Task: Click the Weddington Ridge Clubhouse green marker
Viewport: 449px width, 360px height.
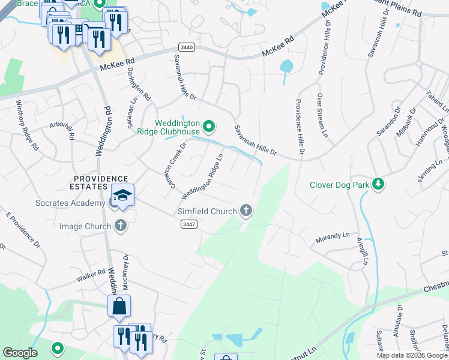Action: click(x=209, y=127)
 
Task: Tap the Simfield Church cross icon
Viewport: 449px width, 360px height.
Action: click(x=246, y=211)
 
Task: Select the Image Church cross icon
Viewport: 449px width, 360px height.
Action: click(x=121, y=226)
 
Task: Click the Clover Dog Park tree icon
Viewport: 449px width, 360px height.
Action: click(x=378, y=184)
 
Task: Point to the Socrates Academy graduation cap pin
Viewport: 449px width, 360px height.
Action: click(x=123, y=196)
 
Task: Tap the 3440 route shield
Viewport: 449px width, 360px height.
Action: click(x=187, y=47)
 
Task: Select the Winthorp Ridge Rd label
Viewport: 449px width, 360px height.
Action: click(x=27, y=125)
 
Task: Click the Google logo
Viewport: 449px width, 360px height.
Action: click(x=20, y=353)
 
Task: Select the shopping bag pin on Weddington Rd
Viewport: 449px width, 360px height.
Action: click(x=119, y=305)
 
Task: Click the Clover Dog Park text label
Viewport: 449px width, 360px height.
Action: click(x=339, y=185)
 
